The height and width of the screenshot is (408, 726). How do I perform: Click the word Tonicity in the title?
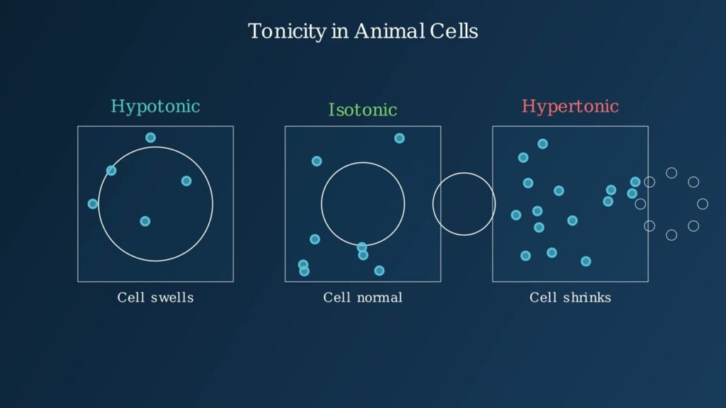(x=287, y=32)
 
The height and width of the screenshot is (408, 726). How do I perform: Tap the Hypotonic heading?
(x=155, y=107)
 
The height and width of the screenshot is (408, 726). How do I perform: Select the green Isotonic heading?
(x=362, y=110)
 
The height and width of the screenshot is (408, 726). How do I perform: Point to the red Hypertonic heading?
(x=570, y=107)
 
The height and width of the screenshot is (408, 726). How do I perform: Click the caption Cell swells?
(x=155, y=297)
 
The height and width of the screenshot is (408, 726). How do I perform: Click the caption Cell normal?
(x=362, y=297)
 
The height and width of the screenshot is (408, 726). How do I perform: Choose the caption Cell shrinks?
(x=570, y=297)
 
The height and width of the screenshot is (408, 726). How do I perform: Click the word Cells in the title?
(x=454, y=31)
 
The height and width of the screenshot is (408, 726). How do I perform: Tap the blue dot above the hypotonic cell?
(x=150, y=137)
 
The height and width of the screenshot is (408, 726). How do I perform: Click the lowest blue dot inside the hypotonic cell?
(x=145, y=221)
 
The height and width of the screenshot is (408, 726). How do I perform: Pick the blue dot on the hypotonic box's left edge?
(x=93, y=203)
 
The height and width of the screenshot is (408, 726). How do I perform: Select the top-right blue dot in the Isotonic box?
(x=400, y=138)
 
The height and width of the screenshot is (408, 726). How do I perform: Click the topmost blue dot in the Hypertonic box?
(x=542, y=144)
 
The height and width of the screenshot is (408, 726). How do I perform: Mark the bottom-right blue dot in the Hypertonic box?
(x=586, y=261)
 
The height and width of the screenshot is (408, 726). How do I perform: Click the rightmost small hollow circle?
(x=703, y=203)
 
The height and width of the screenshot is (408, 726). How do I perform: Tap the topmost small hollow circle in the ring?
(x=671, y=173)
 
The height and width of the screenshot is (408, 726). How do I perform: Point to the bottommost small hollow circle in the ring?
(x=671, y=235)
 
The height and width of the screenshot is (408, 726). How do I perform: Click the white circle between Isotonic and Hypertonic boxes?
(x=433, y=204)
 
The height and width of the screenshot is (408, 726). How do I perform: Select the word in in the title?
(x=340, y=31)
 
